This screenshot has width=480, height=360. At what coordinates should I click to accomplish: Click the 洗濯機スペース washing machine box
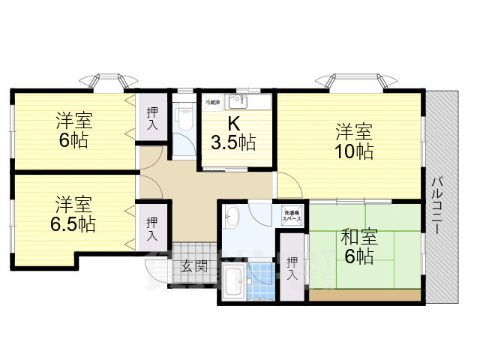(292, 214)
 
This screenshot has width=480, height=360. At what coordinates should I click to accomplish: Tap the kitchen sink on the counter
(241, 100)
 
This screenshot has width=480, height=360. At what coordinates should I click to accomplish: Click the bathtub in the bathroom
(233, 282)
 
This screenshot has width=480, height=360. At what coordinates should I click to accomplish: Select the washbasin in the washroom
(232, 219)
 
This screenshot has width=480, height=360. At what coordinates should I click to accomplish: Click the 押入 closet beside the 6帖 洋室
(152, 118)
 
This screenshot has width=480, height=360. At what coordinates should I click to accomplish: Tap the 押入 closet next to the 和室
(292, 268)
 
